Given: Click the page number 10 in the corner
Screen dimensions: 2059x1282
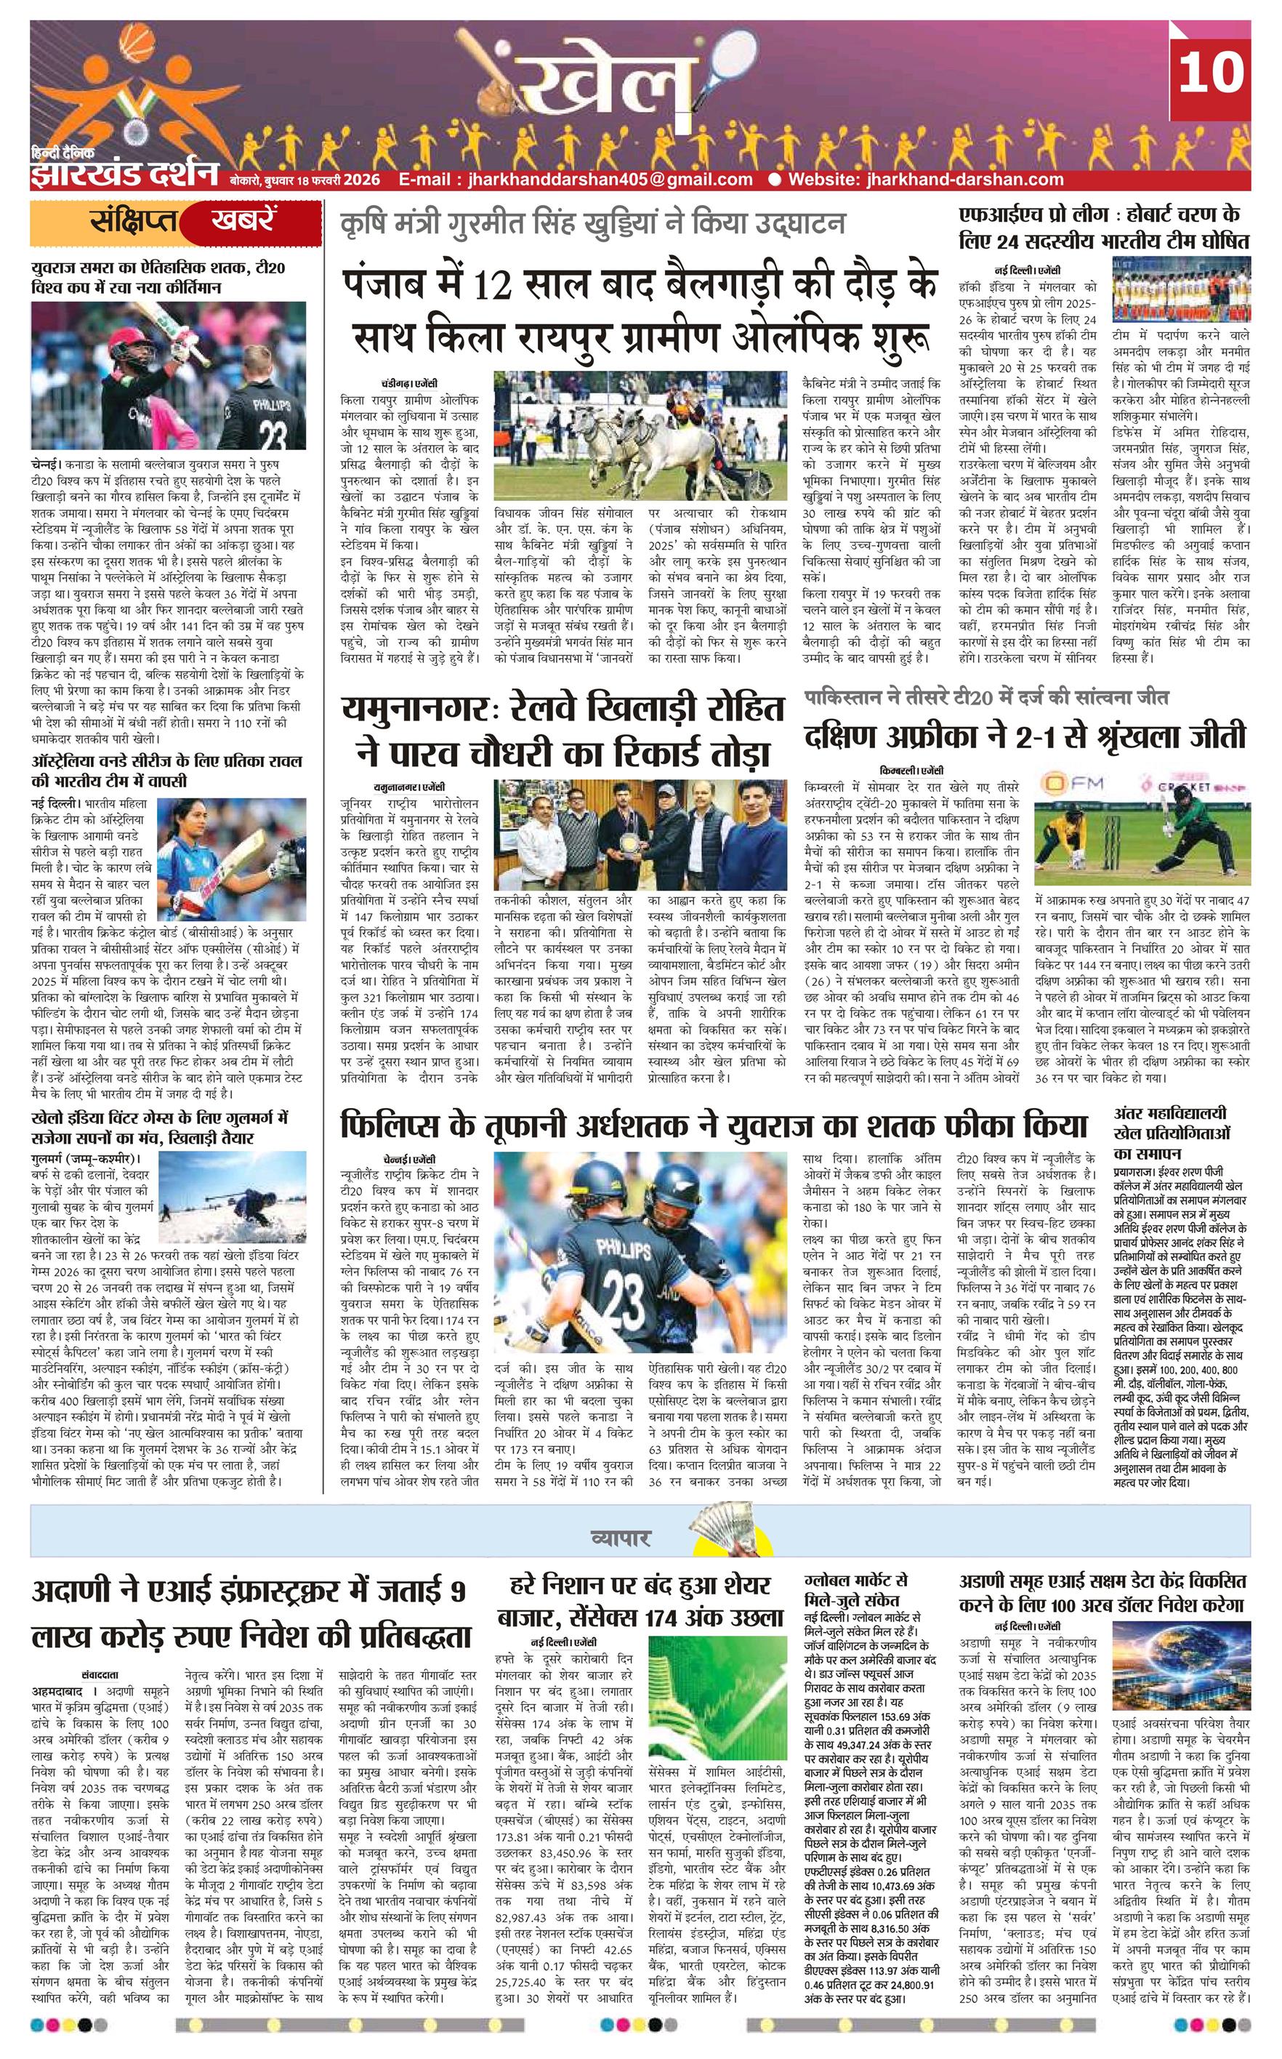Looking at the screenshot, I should pos(1210,72).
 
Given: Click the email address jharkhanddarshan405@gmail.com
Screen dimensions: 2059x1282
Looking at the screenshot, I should pos(576,179).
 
